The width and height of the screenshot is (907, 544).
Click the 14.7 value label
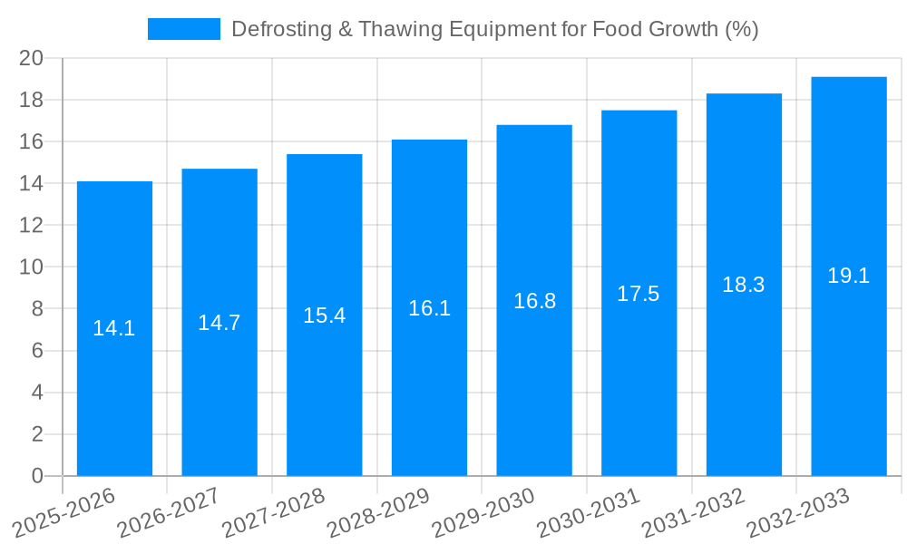(219, 323)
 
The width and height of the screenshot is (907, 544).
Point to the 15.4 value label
(324, 316)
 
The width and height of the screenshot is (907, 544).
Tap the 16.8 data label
(534, 301)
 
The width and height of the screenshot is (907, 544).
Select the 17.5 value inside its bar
(639, 294)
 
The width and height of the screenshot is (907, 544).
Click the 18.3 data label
(744, 285)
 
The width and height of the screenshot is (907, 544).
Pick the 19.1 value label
(849, 277)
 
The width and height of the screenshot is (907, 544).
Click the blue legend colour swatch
(184, 29)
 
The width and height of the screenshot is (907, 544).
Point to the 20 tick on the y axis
(32, 58)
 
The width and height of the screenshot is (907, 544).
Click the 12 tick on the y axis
(32, 225)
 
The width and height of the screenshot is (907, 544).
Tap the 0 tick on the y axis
(37, 476)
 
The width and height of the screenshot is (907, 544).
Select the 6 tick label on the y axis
(37, 351)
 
